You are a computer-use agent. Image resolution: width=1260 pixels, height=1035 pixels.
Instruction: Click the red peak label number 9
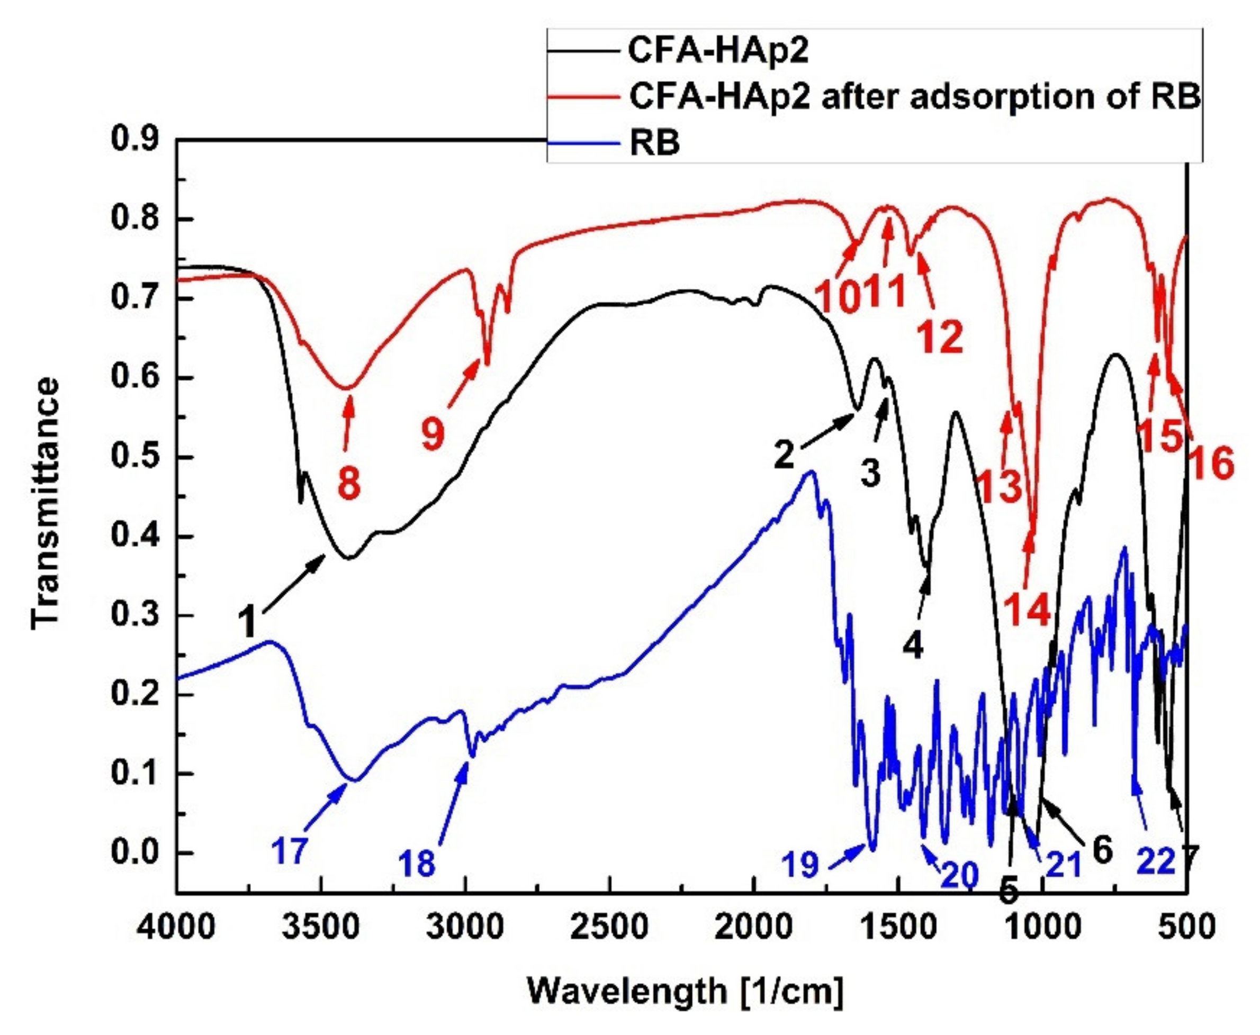pyautogui.click(x=433, y=433)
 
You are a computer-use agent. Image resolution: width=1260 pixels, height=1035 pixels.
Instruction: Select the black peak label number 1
pyautogui.click(x=246, y=621)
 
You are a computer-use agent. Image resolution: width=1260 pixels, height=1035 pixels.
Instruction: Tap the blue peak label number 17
pyautogui.click(x=290, y=850)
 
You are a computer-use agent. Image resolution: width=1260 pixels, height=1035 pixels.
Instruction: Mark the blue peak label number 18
pyautogui.click(x=417, y=862)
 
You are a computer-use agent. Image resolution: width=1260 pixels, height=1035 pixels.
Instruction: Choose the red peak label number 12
pyautogui.click(x=940, y=338)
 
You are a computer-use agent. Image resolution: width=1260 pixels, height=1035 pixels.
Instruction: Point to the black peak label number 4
pyautogui.click(x=913, y=646)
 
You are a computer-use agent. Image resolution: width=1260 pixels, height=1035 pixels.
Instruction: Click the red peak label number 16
pyautogui.click(x=1213, y=464)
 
